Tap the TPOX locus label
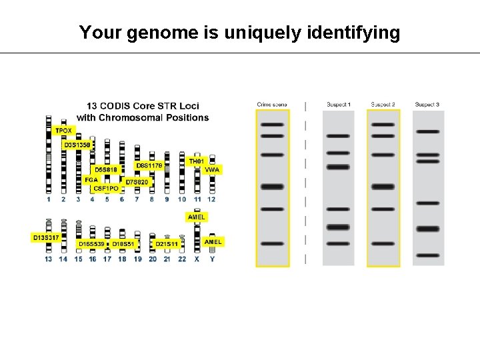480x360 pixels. tap(63, 131)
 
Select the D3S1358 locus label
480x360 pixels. tap(77, 144)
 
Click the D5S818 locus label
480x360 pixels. tap(105, 169)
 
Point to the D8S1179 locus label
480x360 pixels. tap(150, 165)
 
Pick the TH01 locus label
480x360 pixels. tap(196, 161)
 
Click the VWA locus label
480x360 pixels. tap(212, 170)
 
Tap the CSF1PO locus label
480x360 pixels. tap(106, 189)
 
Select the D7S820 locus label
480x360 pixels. tap(138, 181)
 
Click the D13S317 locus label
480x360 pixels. tap(46, 237)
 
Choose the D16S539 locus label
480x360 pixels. tap(91, 245)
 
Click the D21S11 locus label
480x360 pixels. tap(167, 245)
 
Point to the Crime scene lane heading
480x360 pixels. tap(272, 104)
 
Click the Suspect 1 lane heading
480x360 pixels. tap(339, 104)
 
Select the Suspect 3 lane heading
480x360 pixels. tap(427, 104)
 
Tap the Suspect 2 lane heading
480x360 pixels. tap(383, 104)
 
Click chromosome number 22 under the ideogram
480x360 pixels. tap(182, 259)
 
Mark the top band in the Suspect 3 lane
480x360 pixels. tap(427, 131)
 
